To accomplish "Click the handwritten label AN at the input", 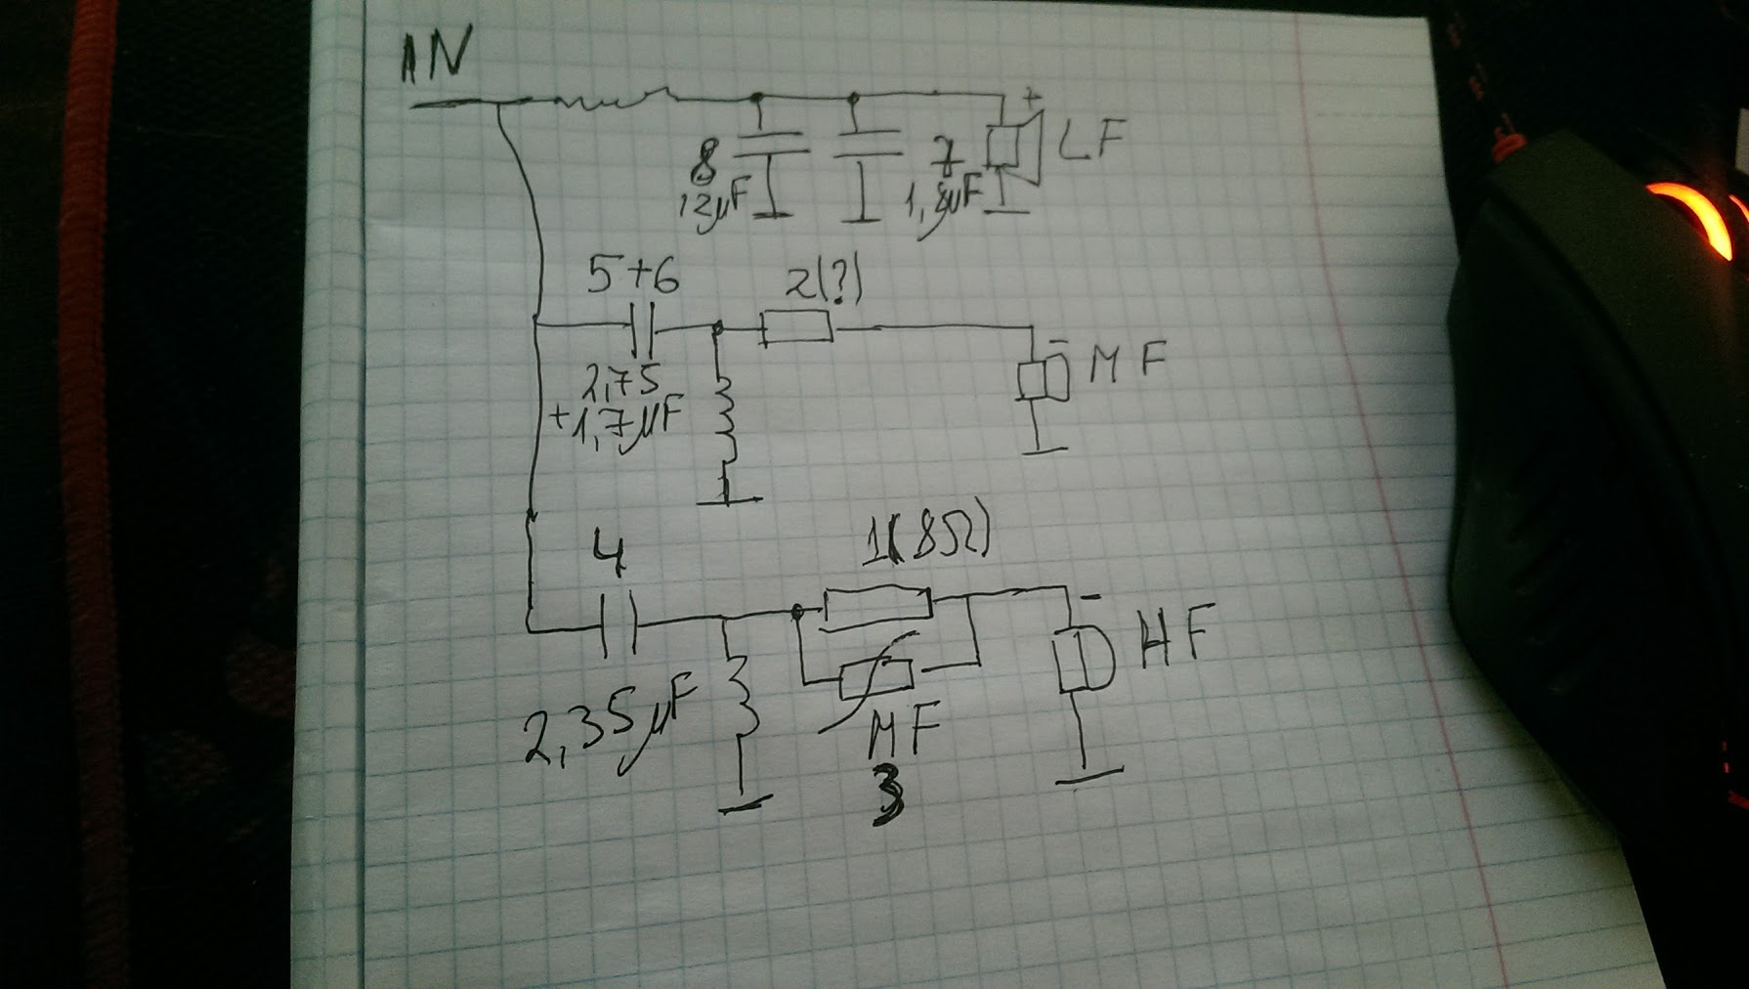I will coord(435,56).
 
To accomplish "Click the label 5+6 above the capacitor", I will coord(633,279).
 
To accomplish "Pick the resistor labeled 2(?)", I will coord(796,327).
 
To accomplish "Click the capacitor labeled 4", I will coord(619,623).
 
